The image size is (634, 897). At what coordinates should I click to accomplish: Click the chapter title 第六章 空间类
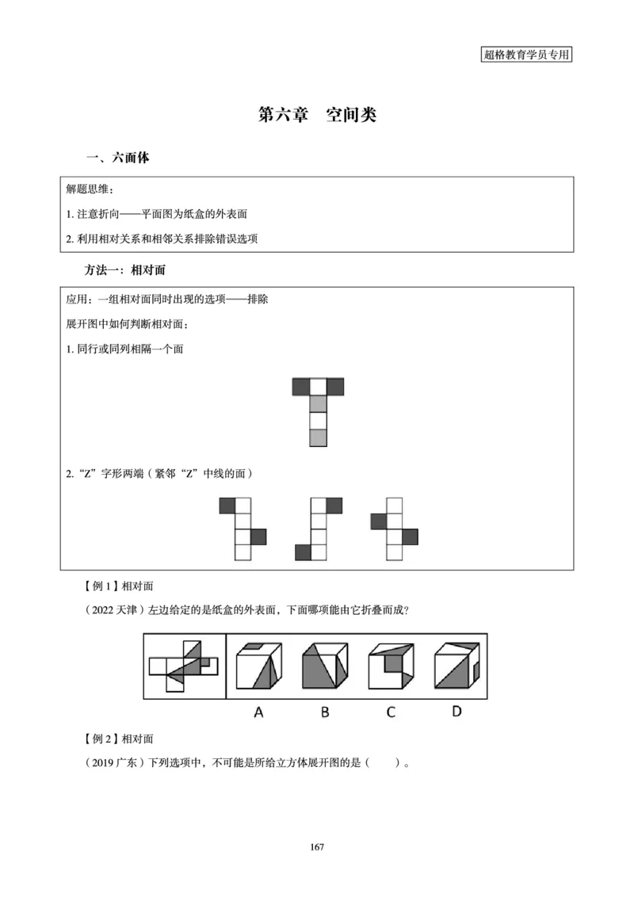[x=317, y=114]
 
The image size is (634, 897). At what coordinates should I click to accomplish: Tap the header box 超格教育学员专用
[x=526, y=55]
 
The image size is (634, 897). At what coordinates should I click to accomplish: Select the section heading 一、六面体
[x=117, y=158]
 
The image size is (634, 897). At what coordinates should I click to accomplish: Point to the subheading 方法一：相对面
[x=125, y=270]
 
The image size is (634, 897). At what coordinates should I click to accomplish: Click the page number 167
[x=317, y=847]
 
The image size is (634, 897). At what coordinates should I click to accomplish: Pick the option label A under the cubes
[x=258, y=712]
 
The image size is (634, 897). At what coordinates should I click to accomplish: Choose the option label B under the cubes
[x=325, y=712]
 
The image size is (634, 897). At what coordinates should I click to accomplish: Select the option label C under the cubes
[x=391, y=712]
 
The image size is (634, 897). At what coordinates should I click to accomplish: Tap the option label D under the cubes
[x=456, y=711]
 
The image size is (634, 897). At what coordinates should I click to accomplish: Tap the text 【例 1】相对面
[x=118, y=586]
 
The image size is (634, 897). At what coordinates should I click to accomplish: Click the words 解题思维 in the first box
[x=90, y=191]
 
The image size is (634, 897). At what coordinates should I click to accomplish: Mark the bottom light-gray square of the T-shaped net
[x=318, y=437]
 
